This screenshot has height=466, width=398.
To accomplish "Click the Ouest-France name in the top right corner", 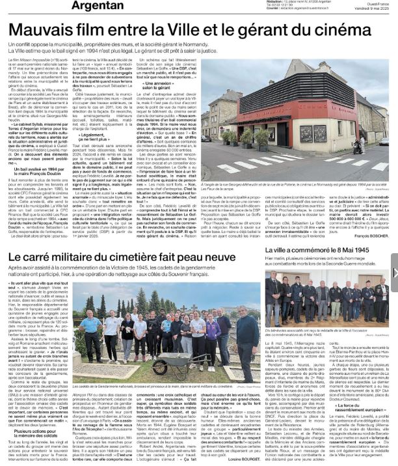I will [367, 3].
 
